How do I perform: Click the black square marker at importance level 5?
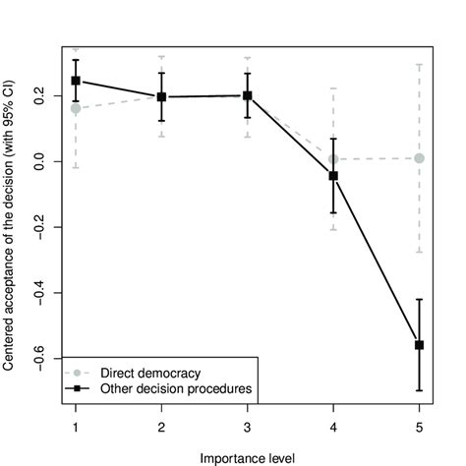coord(419,345)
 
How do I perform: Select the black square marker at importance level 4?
coord(333,176)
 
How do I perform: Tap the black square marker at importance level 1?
coord(76,81)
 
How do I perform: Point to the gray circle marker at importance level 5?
coord(419,158)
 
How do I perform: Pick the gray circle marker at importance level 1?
coord(76,108)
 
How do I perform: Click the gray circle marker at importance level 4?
coord(333,158)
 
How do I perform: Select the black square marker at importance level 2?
coord(161,96)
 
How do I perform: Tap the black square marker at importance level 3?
coord(248,95)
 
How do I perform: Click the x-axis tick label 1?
coord(76,430)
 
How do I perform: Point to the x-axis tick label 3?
coord(248,430)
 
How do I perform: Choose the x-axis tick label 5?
coord(419,430)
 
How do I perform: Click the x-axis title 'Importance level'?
coord(247,457)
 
